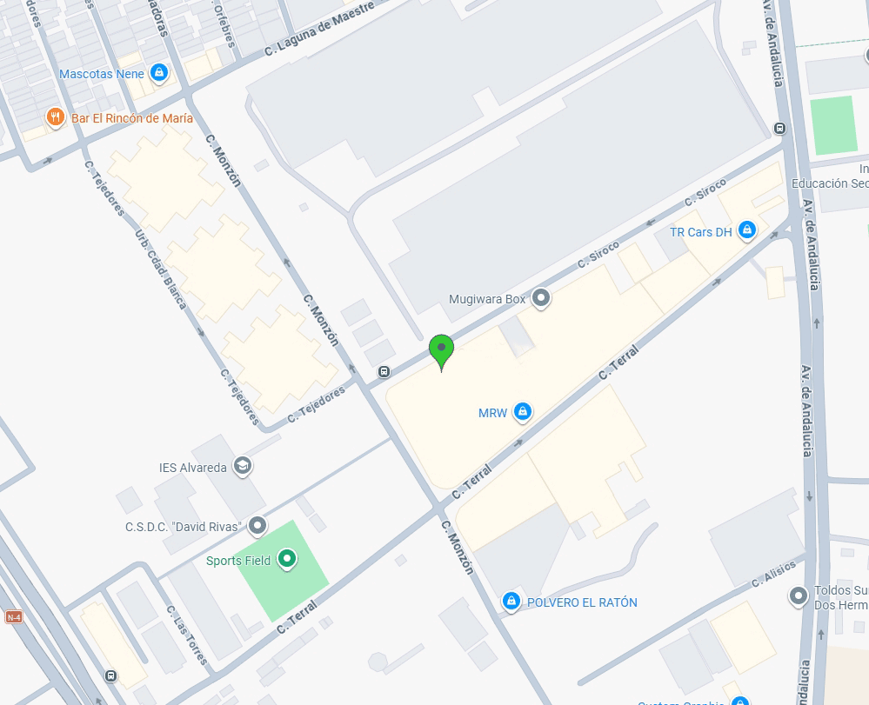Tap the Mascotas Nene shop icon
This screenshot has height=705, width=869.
pyautogui.click(x=158, y=73)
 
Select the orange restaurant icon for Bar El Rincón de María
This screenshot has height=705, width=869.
pyautogui.click(x=56, y=117)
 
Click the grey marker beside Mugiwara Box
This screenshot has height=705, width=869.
pyautogui.click(x=542, y=299)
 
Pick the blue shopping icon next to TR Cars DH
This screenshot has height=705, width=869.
pyautogui.click(x=746, y=231)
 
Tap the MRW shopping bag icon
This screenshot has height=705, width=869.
pyautogui.click(x=522, y=412)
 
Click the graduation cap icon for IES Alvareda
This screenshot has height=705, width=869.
pyautogui.click(x=242, y=468)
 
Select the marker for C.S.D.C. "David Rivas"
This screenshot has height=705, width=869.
pyautogui.click(x=257, y=526)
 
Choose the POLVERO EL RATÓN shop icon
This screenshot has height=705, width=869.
pyautogui.click(x=511, y=602)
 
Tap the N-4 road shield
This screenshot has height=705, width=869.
pyautogui.click(x=13, y=617)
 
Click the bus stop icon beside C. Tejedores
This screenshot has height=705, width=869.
pyautogui.click(x=384, y=372)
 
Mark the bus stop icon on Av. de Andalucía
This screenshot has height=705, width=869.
pyautogui.click(x=779, y=130)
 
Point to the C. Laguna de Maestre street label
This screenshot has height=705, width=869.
pyautogui.click(x=319, y=29)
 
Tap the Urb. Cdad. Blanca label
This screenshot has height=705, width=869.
pyautogui.click(x=162, y=269)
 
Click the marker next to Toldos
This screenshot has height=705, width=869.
pyautogui.click(x=799, y=596)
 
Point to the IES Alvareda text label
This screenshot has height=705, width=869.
pyautogui.click(x=192, y=468)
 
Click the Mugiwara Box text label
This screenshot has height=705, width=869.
pyautogui.click(x=487, y=299)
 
